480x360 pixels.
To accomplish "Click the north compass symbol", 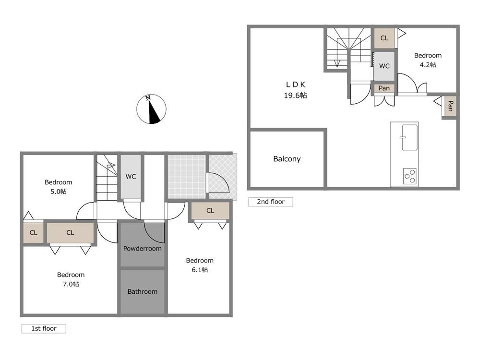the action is point(151,109).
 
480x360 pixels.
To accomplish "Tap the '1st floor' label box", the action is point(44,328).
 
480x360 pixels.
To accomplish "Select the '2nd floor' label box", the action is point(271,202).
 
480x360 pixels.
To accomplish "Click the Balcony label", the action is point(287,159).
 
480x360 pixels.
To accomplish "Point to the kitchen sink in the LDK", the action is point(409,137).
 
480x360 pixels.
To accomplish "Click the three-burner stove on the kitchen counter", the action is point(409,176).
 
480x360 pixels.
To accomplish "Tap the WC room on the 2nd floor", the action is point(384,66).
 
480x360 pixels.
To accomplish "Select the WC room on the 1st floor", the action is point(131,177).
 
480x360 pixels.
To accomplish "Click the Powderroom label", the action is point(143,249).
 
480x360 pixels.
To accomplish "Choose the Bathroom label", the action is point(143,292).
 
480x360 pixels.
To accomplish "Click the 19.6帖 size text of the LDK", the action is point(295,96).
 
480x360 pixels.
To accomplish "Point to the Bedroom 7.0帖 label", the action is point(71,279).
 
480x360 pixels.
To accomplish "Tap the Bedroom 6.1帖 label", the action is point(200,265).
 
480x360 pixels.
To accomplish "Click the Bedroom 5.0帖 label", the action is point(59,187).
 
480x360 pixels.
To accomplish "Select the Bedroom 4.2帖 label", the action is point(428,60).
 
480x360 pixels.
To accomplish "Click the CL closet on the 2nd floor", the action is point(384,38).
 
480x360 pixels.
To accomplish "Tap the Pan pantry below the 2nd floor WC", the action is point(384,88).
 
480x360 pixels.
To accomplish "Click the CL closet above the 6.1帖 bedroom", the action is point(210,211).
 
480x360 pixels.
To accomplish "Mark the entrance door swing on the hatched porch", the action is point(218,183).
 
